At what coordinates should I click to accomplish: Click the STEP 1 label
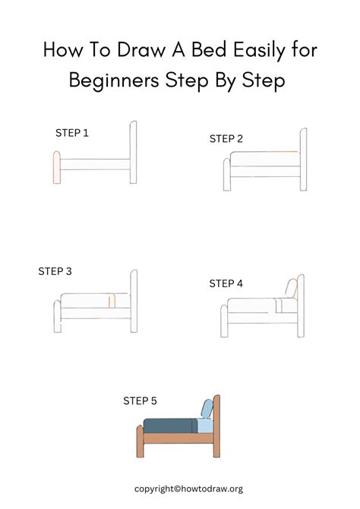coord(72,133)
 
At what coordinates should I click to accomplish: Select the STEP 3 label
coord(55,270)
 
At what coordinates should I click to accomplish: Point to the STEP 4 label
coord(226,283)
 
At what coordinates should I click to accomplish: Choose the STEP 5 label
coord(141,400)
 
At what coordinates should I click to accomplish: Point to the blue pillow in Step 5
coord(205,409)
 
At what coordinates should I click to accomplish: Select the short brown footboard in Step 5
coord(140,442)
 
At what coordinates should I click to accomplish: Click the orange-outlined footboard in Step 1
coord(55,168)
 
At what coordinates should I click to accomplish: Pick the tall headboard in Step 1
coord(134,152)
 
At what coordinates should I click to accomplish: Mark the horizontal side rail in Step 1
coord(95,164)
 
